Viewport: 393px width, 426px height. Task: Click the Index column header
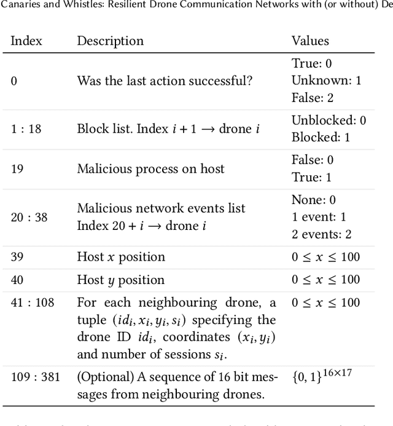coord(26,41)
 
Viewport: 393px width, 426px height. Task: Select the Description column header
coord(110,41)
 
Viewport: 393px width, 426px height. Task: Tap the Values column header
coord(310,41)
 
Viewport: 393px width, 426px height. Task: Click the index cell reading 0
coord(14,80)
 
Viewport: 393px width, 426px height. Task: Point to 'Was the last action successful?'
coord(164,80)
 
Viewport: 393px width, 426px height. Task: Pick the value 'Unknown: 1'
coord(326,80)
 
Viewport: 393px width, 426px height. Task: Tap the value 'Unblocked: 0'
coord(329,120)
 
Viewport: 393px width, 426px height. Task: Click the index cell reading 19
coord(17,168)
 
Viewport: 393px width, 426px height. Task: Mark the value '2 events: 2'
coord(321,234)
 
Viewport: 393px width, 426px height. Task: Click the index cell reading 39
coord(18,256)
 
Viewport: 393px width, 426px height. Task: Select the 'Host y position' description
coord(120,280)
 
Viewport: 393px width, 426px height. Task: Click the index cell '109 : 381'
coord(35,376)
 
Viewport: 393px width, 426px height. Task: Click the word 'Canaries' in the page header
coord(20,6)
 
